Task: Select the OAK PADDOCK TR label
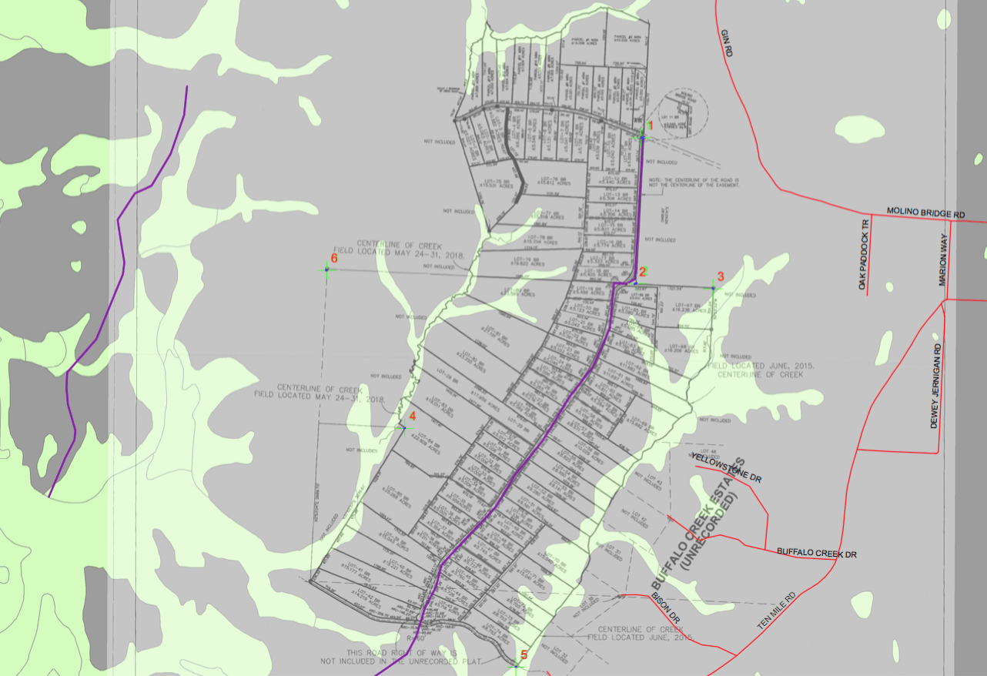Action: coord(864,253)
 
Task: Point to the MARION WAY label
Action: coord(942,261)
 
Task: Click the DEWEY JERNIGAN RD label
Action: coord(936,386)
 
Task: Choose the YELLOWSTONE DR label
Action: coord(727,468)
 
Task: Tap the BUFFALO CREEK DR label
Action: coord(816,553)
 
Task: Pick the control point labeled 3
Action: coord(713,288)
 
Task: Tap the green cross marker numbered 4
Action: coord(401,427)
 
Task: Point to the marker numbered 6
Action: coord(326,269)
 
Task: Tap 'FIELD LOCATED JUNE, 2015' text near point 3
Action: coord(760,366)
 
